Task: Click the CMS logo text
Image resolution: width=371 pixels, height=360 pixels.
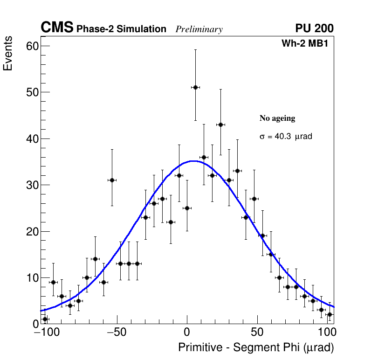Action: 57,28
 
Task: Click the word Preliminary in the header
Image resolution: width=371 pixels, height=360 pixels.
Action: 199,29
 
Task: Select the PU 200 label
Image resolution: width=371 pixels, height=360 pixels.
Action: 314,28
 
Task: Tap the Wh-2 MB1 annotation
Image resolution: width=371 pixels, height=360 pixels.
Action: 307,43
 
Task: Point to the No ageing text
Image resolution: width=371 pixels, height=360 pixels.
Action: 277,118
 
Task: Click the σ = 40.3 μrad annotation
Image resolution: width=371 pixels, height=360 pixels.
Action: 285,137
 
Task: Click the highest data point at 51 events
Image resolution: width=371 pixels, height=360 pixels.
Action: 195,87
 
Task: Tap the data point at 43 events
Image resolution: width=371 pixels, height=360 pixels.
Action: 220,125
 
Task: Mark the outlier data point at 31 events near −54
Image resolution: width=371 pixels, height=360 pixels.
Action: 112,180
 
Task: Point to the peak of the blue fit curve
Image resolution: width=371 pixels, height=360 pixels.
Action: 192,161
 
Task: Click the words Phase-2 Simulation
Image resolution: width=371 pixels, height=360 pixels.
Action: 121,29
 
